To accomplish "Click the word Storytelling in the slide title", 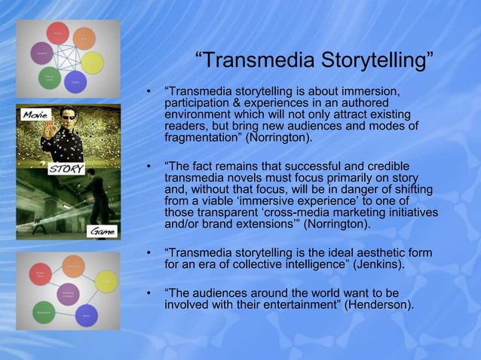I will click(x=374, y=59).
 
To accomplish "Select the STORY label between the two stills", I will click(x=66, y=168).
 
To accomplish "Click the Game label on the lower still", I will click(x=102, y=232).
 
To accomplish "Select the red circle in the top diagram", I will click(x=58, y=32).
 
